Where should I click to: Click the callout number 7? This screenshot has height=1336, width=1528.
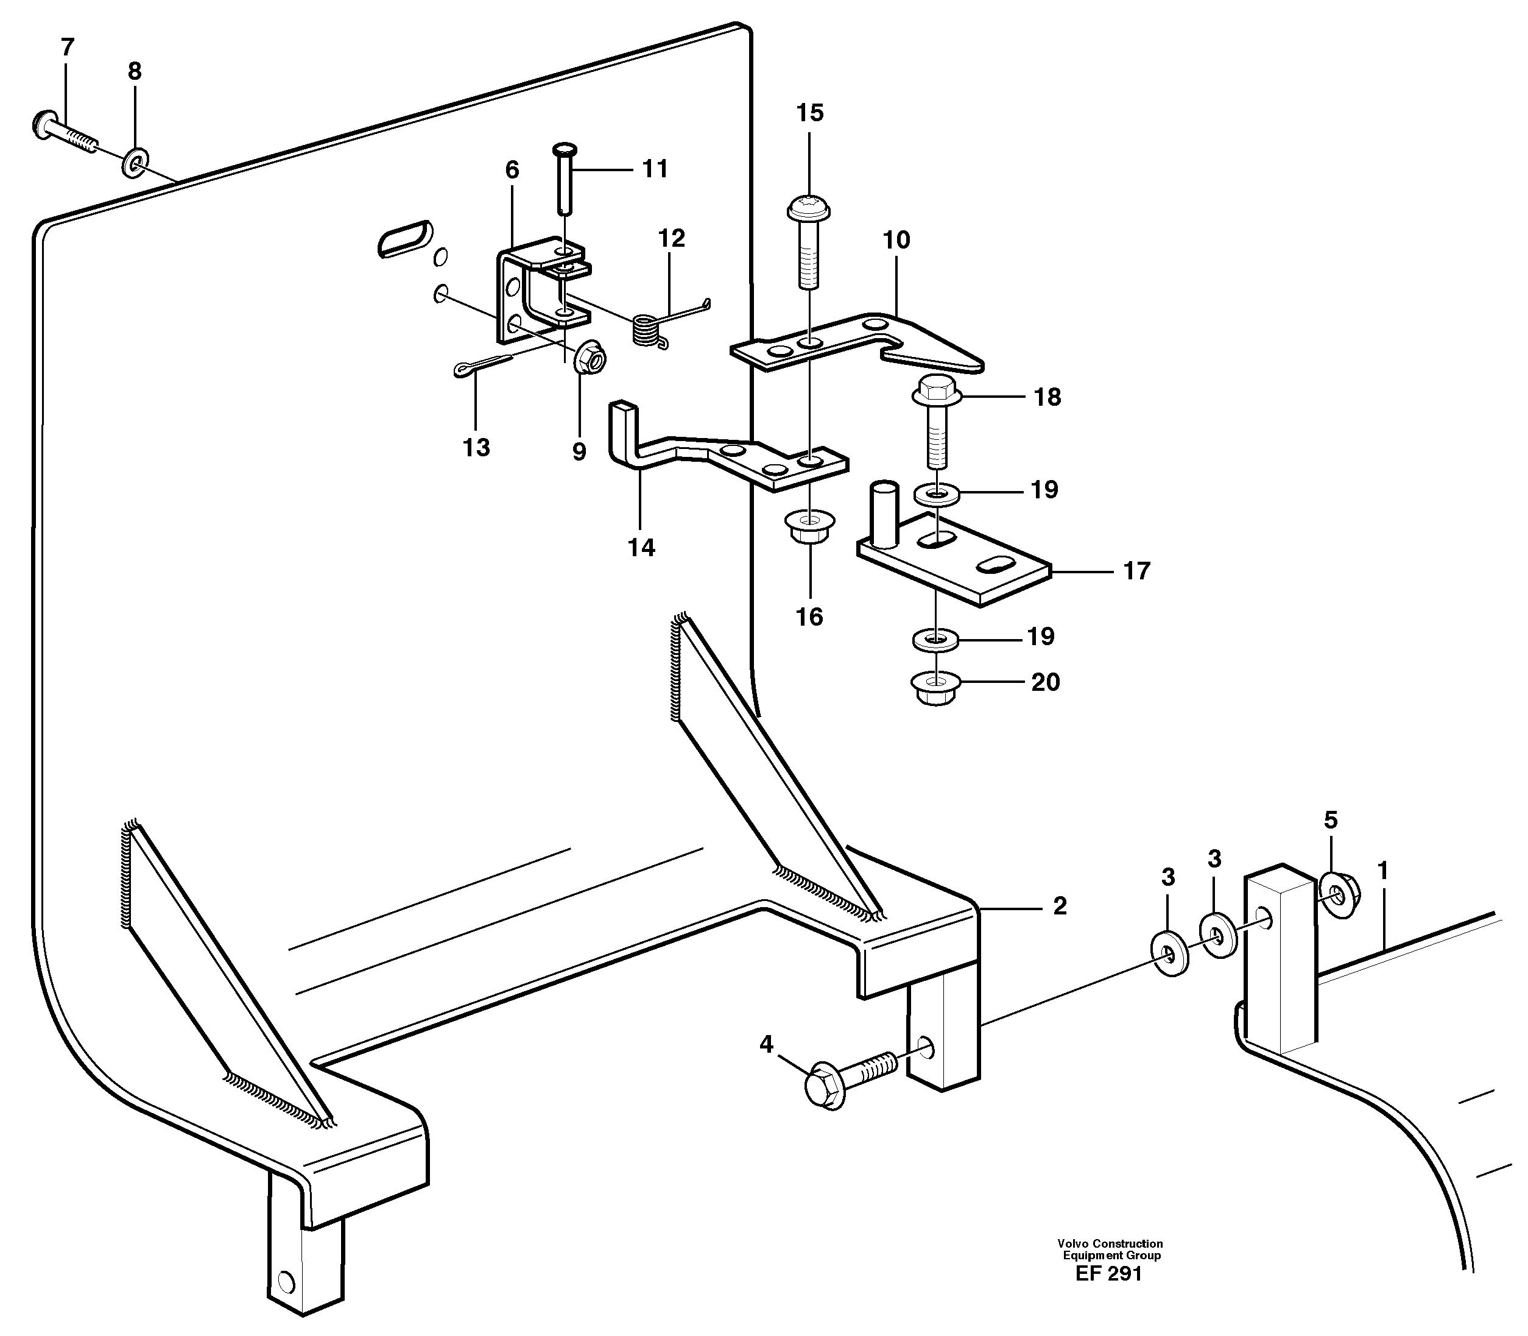pos(67,48)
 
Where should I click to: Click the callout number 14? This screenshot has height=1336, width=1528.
pos(641,548)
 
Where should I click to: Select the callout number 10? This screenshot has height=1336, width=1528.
pos(896,240)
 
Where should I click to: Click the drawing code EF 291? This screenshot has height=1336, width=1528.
pos(1108,1273)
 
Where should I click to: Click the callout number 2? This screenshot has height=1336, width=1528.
pos(1059,906)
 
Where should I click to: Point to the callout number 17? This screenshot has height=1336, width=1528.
pos(1136,571)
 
